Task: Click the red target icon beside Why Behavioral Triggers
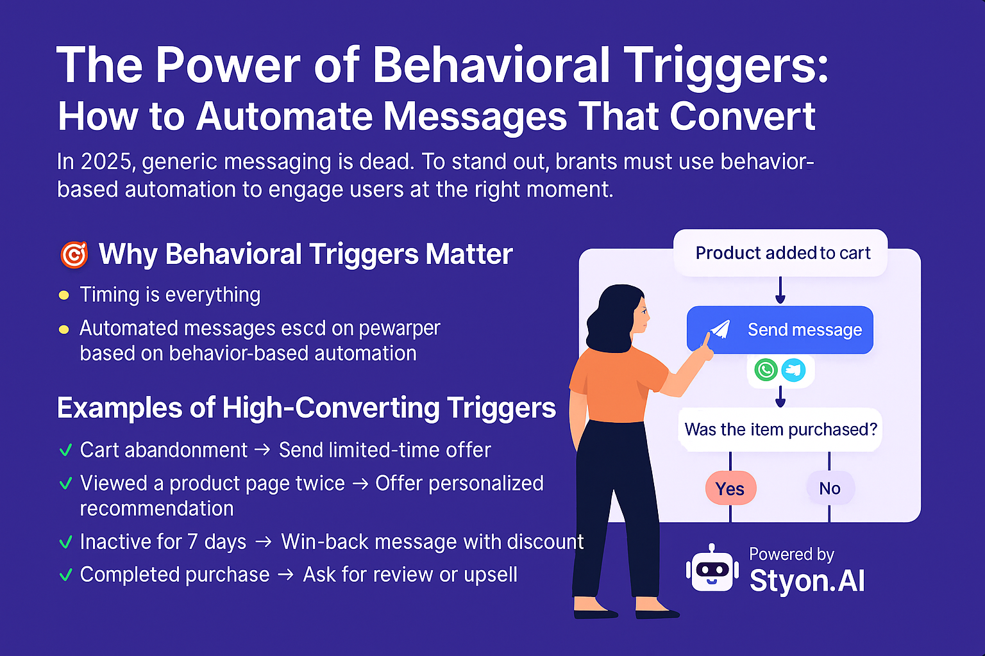[74, 254]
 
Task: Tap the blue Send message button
[780, 330]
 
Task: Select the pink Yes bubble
[730, 489]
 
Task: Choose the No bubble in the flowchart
[830, 488]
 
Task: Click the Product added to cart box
[781, 253]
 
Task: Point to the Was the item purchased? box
[780, 429]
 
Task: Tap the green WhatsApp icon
[766, 370]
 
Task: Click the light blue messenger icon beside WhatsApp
[794, 370]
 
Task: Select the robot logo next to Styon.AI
[711, 570]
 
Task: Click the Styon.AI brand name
[807, 581]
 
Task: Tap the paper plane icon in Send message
[721, 329]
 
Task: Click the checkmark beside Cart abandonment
[65, 450]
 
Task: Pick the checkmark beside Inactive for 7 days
[65, 543]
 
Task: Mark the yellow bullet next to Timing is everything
[63, 295]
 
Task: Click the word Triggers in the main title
[726, 65]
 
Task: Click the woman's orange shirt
[616, 384]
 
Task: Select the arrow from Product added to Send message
[780, 291]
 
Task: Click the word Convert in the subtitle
[742, 117]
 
